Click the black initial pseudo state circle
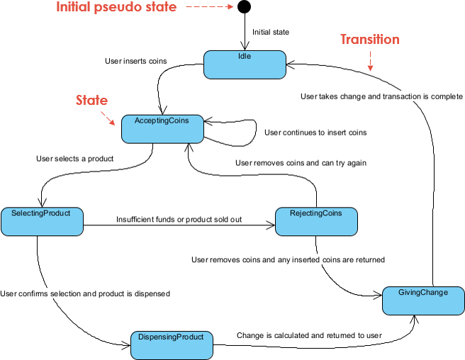(x=244, y=8)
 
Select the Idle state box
(x=245, y=64)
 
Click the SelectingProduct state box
(x=42, y=221)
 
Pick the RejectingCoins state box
(x=315, y=221)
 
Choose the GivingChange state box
(x=424, y=300)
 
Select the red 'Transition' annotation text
(x=369, y=40)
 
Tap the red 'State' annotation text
(x=91, y=101)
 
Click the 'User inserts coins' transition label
(x=137, y=61)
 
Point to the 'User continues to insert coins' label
(x=315, y=132)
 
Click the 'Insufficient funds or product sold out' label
(x=179, y=220)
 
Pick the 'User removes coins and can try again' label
(x=300, y=163)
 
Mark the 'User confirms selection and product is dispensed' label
(x=85, y=293)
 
